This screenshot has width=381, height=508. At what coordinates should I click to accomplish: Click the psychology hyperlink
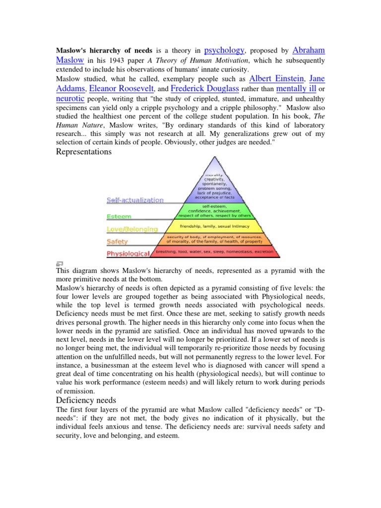click(x=224, y=50)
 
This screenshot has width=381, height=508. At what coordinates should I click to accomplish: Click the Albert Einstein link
click(x=277, y=78)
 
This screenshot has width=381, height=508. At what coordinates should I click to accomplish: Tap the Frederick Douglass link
click(x=204, y=89)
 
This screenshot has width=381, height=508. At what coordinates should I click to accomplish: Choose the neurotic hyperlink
click(x=70, y=99)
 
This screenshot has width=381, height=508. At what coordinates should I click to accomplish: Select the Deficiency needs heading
click(x=86, y=400)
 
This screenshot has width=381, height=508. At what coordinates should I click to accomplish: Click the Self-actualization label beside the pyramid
click(x=135, y=200)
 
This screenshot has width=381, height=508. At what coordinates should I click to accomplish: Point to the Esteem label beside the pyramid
click(x=119, y=216)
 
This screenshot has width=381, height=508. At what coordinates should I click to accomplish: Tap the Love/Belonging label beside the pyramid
click(x=132, y=229)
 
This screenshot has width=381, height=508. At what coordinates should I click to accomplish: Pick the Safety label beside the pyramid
click(x=118, y=242)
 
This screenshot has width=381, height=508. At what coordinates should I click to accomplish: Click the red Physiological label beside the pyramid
click(x=128, y=254)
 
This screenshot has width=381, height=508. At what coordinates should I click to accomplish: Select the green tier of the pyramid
click(x=214, y=211)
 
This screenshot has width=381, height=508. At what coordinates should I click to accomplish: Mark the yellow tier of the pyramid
click(x=214, y=226)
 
